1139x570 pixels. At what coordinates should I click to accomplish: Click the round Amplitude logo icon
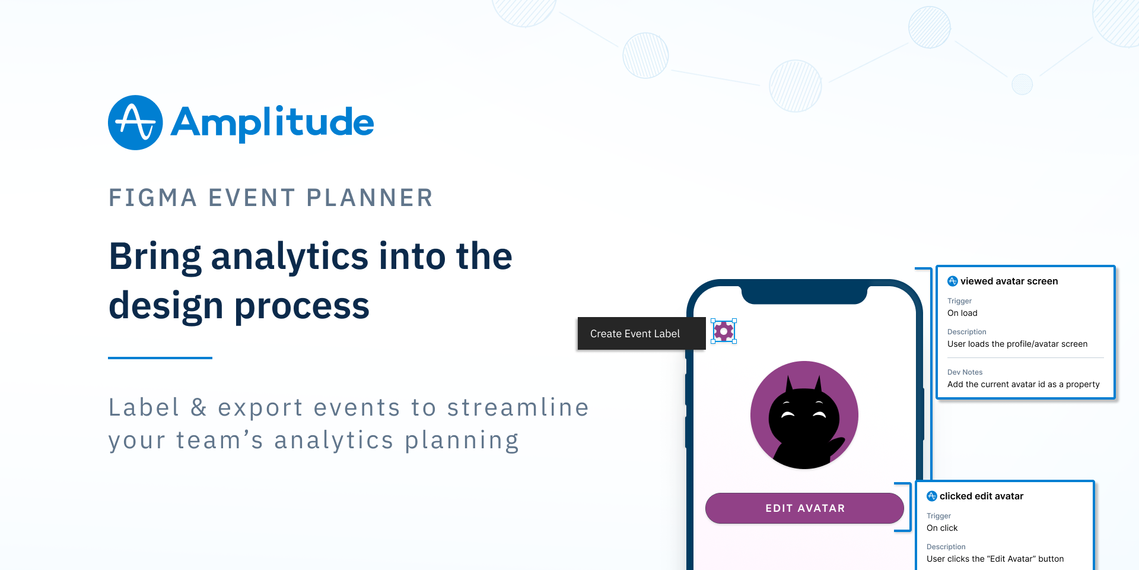click(135, 122)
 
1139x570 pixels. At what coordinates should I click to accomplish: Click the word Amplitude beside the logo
click(272, 123)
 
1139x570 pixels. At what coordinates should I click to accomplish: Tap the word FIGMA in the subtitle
click(152, 198)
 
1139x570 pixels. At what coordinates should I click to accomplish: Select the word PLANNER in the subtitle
click(370, 198)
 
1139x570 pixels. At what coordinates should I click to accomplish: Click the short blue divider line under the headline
click(160, 358)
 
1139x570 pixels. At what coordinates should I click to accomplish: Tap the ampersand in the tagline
click(199, 407)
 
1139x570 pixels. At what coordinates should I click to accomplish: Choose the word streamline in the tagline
click(518, 407)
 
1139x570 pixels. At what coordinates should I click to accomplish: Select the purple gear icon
click(724, 331)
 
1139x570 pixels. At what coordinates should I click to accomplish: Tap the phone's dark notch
click(804, 294)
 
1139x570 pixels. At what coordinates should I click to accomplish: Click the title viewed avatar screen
click(1009, 281)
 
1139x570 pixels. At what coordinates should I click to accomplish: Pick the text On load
click(962, 313)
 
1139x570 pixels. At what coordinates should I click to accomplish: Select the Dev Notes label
click(965, 372)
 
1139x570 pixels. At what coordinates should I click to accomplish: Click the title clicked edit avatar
click(981, 496)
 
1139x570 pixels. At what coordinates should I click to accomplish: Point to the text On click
click(942, 528)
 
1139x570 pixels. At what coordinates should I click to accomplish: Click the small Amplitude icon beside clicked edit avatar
click(932, 496)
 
